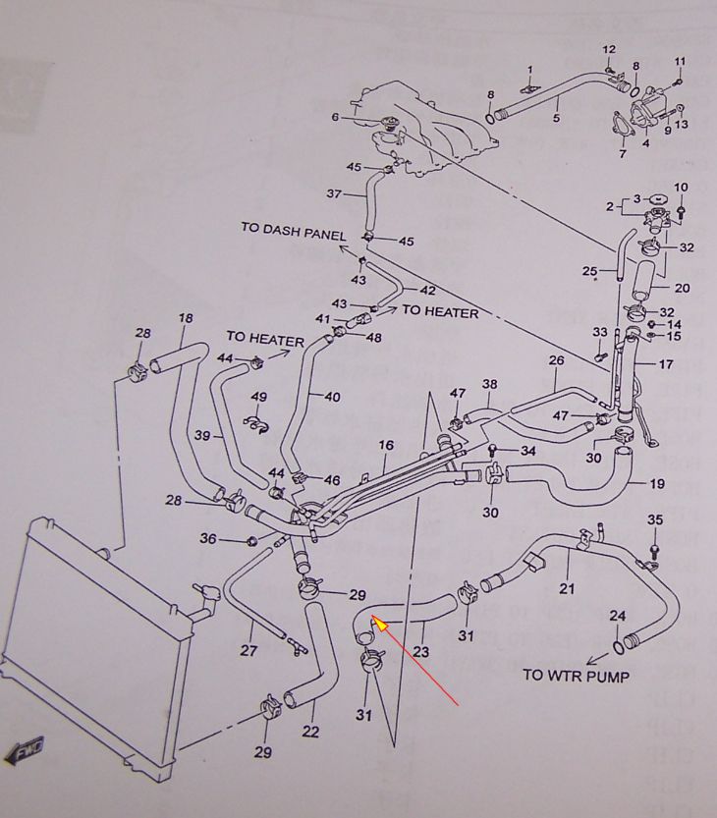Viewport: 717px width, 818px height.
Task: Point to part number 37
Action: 333,193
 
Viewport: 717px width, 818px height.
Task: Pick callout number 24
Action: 617,617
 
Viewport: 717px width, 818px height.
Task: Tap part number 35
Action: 656,519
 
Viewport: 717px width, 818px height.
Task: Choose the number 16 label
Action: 385,445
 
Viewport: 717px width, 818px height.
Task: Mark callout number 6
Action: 335,117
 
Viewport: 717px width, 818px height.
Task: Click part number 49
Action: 259,397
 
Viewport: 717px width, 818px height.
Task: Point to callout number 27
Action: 248,649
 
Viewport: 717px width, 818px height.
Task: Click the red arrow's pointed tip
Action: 372,619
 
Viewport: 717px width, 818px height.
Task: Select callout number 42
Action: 427,291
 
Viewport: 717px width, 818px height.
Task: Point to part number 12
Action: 608,49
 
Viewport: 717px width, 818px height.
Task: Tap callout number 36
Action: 208,538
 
